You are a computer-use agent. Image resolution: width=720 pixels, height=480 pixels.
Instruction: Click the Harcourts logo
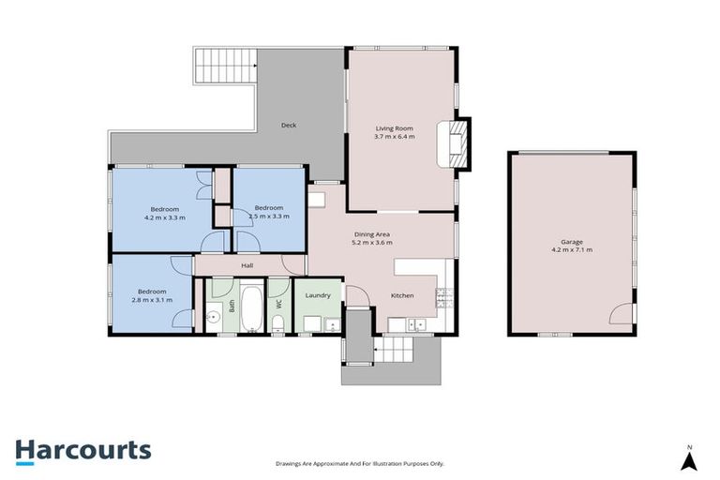tap(82, 450)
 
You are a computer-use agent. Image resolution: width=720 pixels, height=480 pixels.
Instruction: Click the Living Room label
tap(395, 128)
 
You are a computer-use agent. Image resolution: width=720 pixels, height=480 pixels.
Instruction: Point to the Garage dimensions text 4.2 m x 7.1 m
tap(570, 250)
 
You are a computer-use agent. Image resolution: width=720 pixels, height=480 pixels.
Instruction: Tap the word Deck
tap(289, 125)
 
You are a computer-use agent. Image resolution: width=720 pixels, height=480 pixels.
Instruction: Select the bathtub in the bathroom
tap(251, 306)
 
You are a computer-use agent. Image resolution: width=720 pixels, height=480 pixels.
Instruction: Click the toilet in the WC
tap(277, 323)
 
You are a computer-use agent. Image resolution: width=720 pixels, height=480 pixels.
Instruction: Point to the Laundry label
tap(318, 295)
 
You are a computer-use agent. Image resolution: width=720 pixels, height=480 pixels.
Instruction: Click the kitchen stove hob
tap(442, 298)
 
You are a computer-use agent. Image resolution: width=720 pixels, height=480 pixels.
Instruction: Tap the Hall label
tap(247, 265)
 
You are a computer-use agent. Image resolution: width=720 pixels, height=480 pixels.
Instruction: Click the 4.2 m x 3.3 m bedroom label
tap(164, 217)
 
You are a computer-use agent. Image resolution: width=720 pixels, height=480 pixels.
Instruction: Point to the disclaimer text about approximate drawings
tap(360, 463)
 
